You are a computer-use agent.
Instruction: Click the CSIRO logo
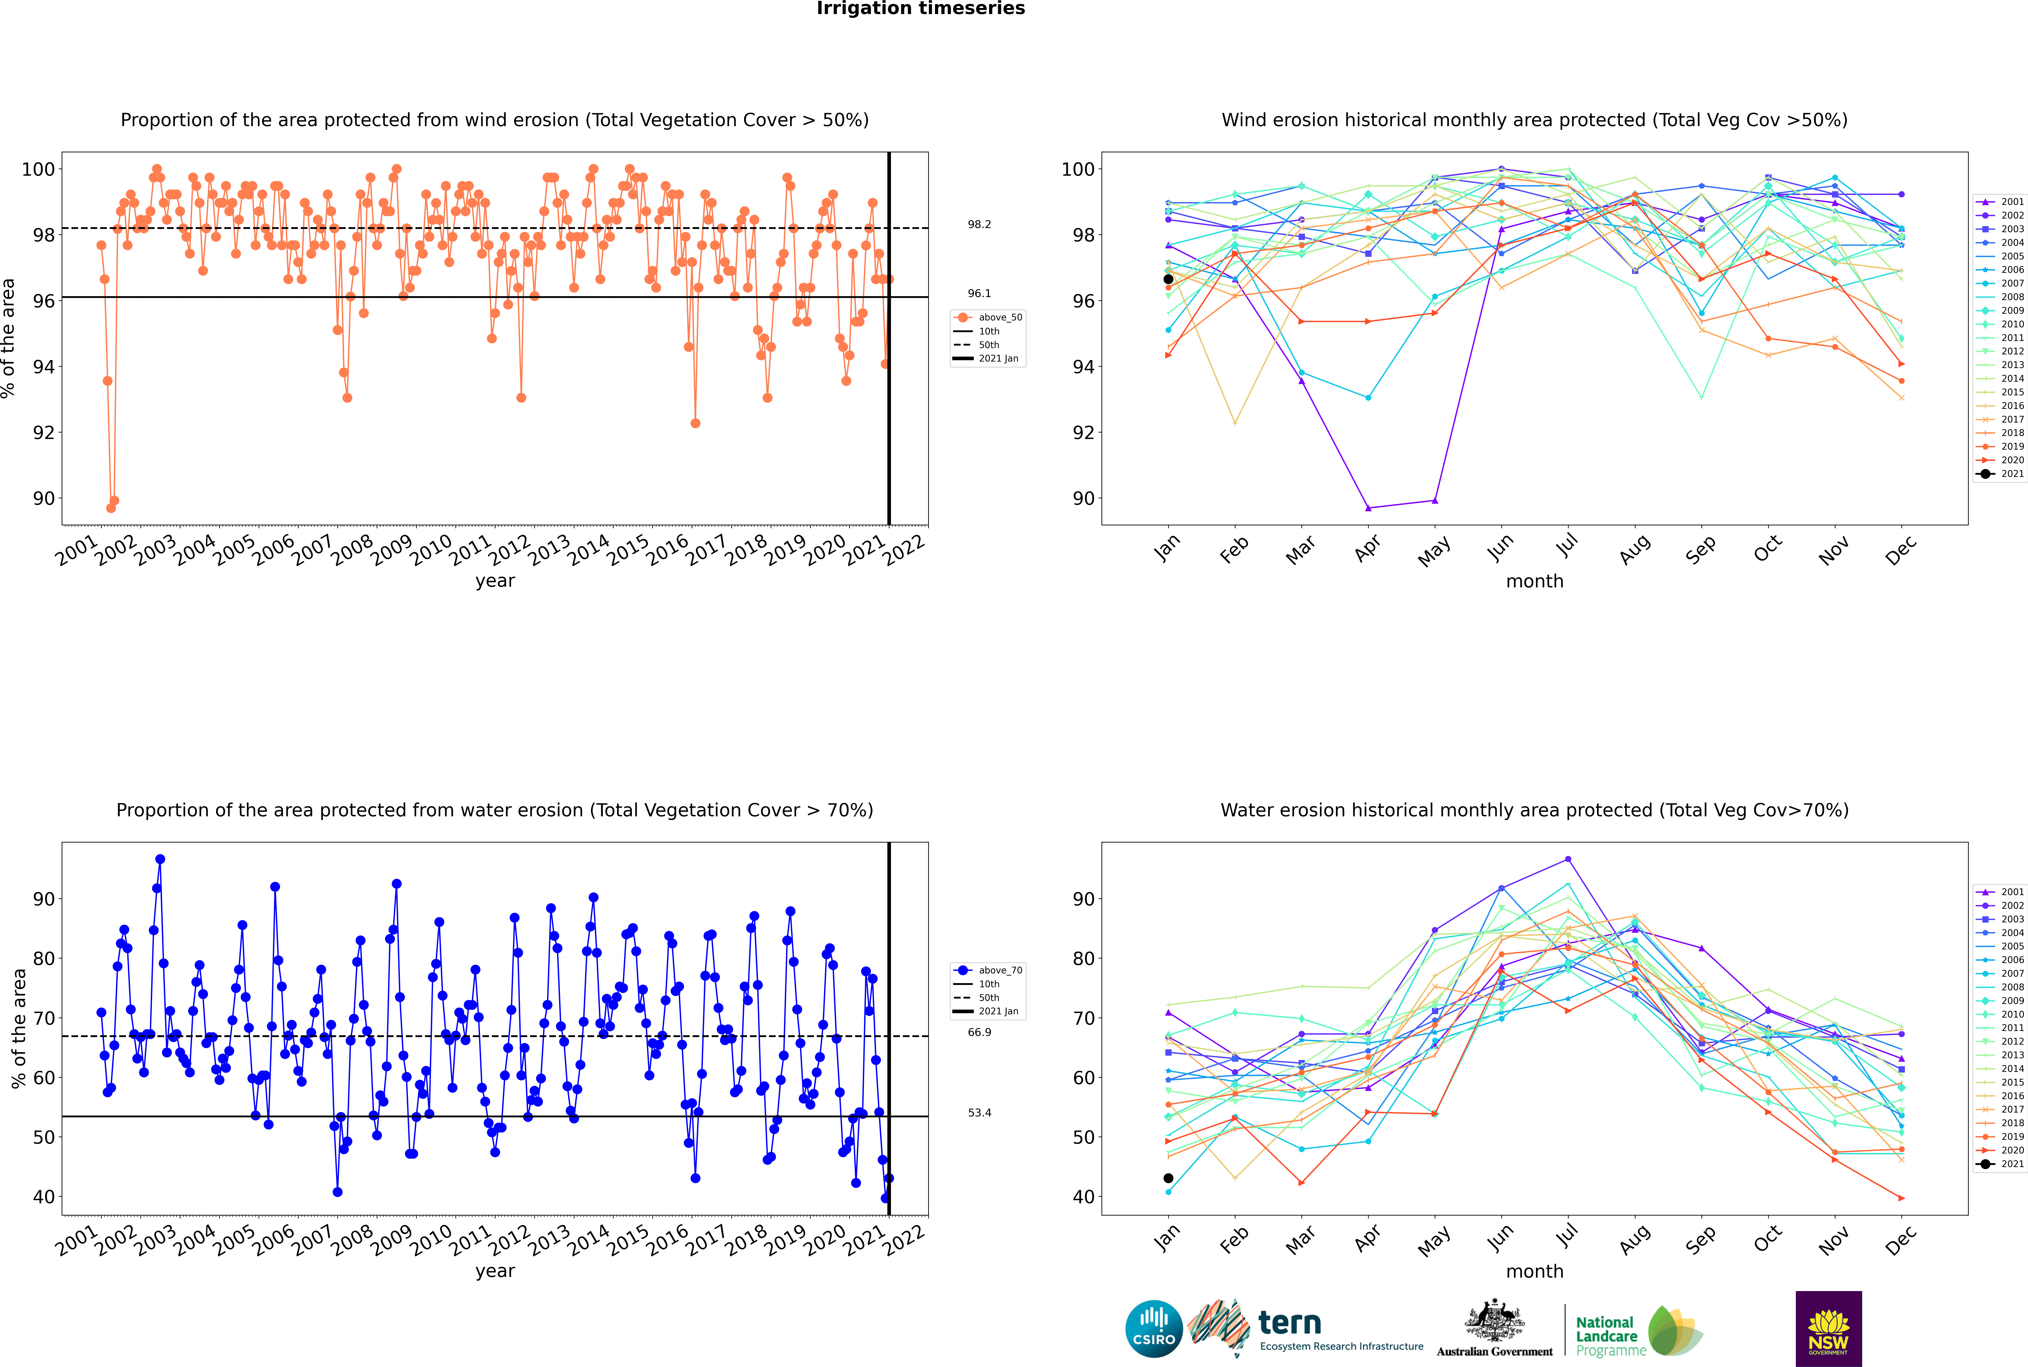coord(1153,1329)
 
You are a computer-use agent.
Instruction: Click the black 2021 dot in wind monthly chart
coord(1168,279)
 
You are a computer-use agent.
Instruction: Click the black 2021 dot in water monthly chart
coord(1168,1178)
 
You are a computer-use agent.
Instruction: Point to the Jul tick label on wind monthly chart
coord(1567,547)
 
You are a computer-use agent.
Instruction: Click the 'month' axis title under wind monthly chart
coord(1534,582)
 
